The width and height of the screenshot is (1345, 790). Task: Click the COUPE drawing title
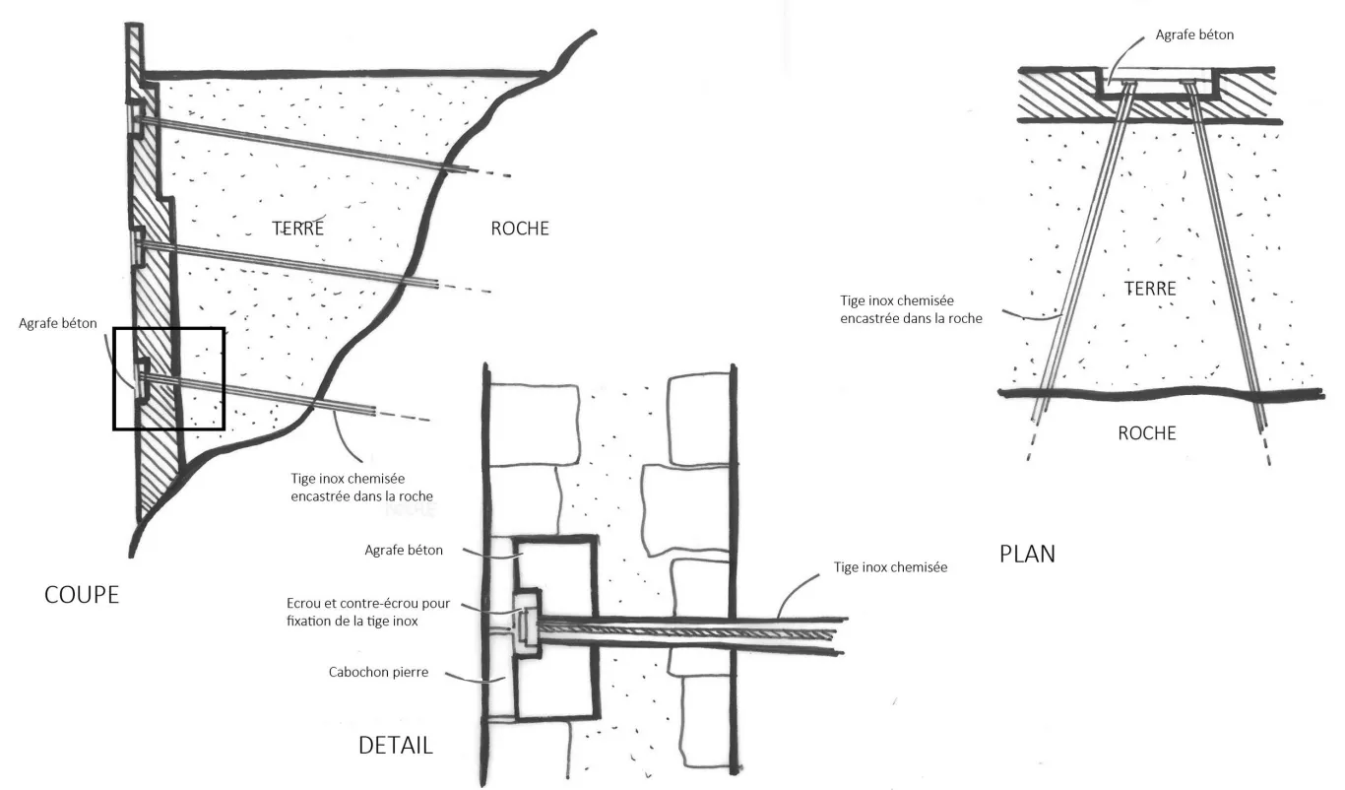pos(82,595)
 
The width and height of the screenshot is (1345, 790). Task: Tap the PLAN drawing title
pos(1027,554)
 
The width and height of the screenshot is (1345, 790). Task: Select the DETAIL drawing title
pos(395,745)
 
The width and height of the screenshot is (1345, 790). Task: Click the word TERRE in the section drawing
pos(297,229)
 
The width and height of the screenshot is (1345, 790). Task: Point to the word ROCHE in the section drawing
pos(519,229)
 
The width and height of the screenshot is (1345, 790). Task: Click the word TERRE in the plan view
pos(1149,289)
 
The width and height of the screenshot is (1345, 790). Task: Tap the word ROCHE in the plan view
pos(1146,432)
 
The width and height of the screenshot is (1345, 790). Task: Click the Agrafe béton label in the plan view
pos(1194,34)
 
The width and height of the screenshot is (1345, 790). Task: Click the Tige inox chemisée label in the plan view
pos(910,308)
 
